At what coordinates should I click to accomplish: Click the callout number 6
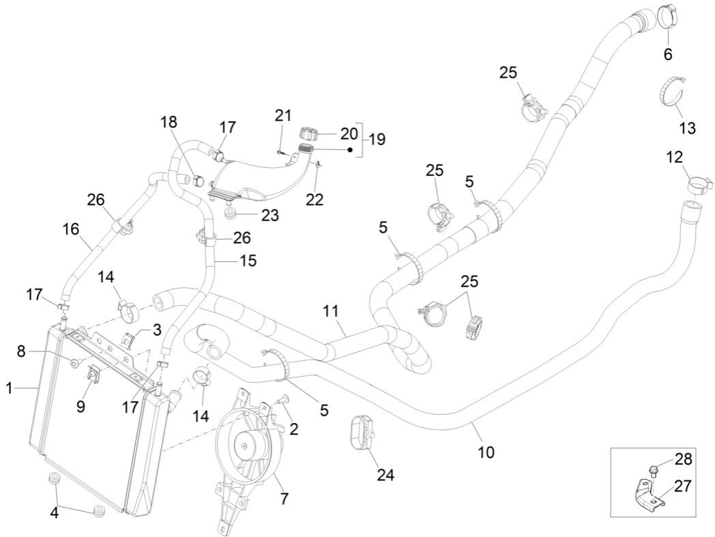667,53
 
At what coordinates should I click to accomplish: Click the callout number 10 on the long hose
486,451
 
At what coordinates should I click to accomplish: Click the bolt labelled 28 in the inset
654,470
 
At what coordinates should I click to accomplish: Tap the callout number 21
284,115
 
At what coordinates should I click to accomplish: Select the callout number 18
169,122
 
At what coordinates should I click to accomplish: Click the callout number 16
71,229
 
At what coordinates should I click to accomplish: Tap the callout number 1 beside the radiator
10,389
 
